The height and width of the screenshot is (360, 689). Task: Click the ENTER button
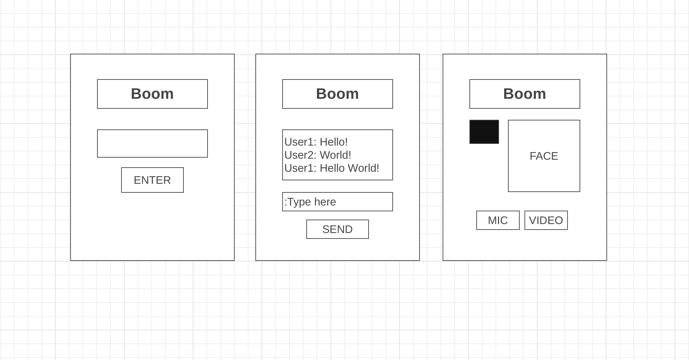click(x=152, y=180)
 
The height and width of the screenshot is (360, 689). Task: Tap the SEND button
click(x=337, y=229)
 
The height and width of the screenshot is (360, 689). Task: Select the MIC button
click(x=498, y=220)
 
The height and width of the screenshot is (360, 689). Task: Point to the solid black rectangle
click(x=484, y=132)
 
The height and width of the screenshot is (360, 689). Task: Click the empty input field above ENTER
click(x=152, y=144)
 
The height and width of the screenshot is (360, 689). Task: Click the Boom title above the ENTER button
click(x=152, y=94)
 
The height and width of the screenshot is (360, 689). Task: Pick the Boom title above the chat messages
click(x=337, y=94)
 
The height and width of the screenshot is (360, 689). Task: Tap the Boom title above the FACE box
click(x=524, y=94)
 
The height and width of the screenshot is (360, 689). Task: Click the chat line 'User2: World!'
click(x=318, y=155)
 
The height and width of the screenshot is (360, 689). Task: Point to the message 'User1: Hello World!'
click(x=332, y=168)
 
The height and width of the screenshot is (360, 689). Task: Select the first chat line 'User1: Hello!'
click(x=316, y=142)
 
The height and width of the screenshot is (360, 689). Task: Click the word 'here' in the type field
click(x=325, y=202)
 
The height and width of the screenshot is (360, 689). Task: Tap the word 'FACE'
click(x=544, y=156)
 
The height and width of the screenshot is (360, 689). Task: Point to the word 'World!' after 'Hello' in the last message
click(x=363, y=168)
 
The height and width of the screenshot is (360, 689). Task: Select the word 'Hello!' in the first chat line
click(x=333, y=142)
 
